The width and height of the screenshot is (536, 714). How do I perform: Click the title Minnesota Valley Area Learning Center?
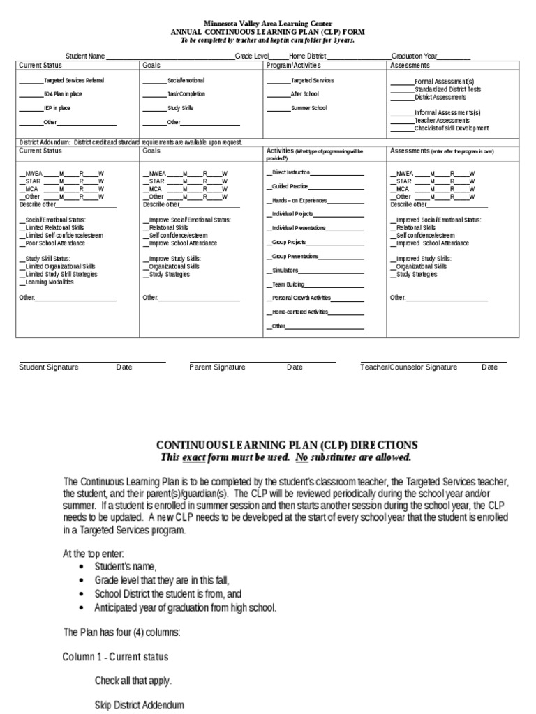pos(268,24)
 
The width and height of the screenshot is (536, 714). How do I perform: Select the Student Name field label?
pos(85,56)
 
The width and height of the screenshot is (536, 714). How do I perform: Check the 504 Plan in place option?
pos(63,94)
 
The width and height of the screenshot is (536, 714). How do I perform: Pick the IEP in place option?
pos(57,108)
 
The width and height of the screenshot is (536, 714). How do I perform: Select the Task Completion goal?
pos(186,94)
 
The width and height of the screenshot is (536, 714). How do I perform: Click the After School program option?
pos(304,94)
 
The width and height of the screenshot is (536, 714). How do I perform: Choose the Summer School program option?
pos(308,108)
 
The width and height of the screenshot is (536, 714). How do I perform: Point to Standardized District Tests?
pos(447,89)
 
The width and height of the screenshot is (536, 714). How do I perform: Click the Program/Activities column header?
pos(293,66)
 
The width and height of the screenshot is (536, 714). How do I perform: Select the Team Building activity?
pos(287,284)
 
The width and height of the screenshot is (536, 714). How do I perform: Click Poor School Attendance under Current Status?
pos(53,243)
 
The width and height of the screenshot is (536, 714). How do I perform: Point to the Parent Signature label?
pos(217,367)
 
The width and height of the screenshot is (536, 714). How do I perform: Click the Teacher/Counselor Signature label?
pos(408,367)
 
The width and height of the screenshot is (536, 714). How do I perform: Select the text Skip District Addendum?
pos(140,705)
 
